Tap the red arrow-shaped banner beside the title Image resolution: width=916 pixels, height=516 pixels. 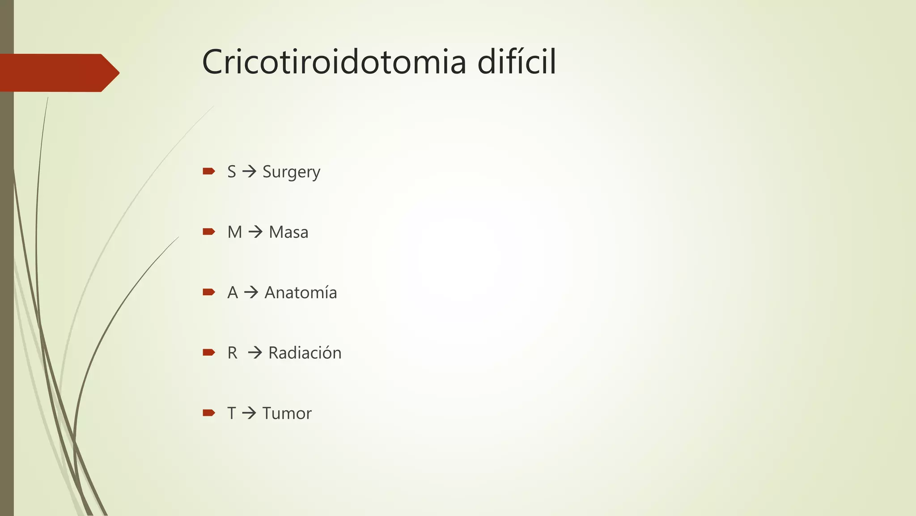[58, 73]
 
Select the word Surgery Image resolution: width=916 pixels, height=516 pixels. [291, 172]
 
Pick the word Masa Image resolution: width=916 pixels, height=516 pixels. [288, 232]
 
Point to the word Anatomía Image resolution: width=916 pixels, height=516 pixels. [301, 292]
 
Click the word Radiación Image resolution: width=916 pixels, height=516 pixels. [305, 353]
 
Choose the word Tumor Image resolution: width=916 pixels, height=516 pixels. [287, 413]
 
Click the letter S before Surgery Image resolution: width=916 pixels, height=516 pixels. [231, 172]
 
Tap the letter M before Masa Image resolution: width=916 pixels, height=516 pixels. [234, 232]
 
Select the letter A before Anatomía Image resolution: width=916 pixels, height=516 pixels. [232, 292]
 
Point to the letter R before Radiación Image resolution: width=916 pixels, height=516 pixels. [232, 353]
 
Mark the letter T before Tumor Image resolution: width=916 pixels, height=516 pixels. [231, 413]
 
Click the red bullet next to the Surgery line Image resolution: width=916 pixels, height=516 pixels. [209, 171]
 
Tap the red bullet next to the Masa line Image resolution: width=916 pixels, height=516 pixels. [209, 232]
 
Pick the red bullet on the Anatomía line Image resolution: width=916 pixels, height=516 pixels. [209, 292]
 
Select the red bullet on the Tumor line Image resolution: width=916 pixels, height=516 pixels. [209, 413]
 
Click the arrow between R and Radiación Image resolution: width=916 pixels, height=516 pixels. [255, 353]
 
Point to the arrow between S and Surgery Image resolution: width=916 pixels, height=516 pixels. [249, 172]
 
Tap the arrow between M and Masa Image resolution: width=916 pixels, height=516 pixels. [255, 232]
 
